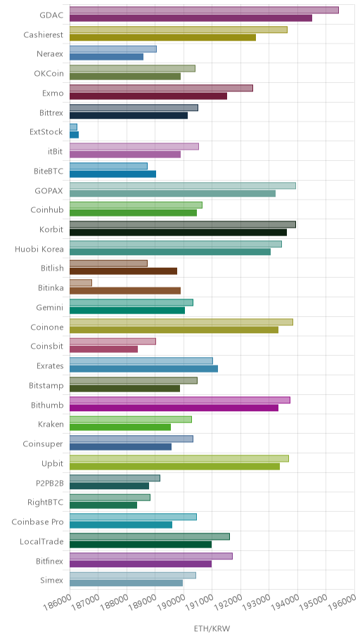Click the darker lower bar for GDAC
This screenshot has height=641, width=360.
coord(191,18)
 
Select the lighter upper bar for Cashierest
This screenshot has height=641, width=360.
coord(179,30)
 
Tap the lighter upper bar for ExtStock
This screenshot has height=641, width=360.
coord(73,127)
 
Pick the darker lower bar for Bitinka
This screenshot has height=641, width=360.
coord(125,291)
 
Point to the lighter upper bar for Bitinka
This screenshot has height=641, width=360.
coord(81,283)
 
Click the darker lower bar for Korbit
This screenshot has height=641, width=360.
coord(178,232)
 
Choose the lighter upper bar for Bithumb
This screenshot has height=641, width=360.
coord(179,400)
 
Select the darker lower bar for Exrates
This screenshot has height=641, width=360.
coord(143,369)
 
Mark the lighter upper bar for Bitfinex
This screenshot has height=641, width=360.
coord(151,556)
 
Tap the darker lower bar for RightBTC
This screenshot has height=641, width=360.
coord(103,505)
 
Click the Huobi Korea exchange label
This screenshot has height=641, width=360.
coord(39,249)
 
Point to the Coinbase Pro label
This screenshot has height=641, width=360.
coord(38,522)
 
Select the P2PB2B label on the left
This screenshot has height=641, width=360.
coord(49,483)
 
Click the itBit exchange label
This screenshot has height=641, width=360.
coord(56,152)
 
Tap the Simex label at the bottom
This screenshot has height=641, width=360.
coord(52,581)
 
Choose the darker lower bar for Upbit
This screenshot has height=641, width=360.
coord(174,467)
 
